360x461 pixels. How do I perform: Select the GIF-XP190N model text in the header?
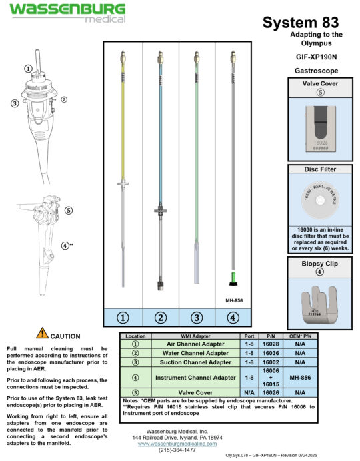click(316, 57)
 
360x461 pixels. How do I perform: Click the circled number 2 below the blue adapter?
click(160, 318)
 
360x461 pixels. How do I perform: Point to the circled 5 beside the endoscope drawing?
click(69, 210)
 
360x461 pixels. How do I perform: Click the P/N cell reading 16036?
click(269, 352)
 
